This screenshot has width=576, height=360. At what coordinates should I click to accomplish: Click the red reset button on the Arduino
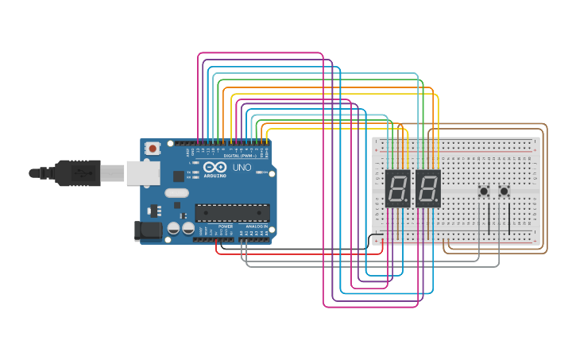pos(153,148)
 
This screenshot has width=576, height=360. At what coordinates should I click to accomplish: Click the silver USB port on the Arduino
pos(143,172)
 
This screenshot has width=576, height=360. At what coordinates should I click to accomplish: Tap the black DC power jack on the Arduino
pos(147,230)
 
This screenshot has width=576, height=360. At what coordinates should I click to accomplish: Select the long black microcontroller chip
pos(232,212)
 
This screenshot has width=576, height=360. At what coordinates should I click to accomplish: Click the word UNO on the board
pos(242,168)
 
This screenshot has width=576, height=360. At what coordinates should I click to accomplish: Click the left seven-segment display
pos(397,188)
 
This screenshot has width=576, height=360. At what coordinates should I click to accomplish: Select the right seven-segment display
pos(427,188)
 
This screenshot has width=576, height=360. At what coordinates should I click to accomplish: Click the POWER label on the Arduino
pos(226,226)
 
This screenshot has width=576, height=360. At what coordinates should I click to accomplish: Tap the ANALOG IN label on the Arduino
pos(256,226)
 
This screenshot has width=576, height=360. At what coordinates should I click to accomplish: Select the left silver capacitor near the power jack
pos(173,229)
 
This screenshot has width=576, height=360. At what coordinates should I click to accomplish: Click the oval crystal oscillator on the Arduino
pos(177,192)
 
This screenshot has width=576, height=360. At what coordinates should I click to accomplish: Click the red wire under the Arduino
pos(302,254)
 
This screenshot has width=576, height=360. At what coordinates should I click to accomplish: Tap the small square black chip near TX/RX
pos(179,176)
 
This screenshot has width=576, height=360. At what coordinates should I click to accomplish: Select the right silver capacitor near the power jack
pos(188,229)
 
